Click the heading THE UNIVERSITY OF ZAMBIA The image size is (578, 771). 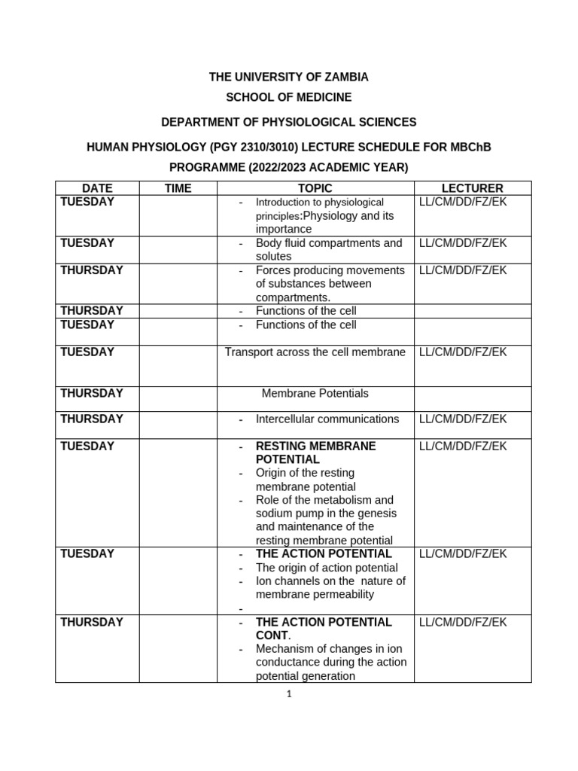point(289,77)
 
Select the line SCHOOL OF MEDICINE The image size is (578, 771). point(289,97)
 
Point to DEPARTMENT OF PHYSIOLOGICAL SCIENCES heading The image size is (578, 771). point(289,122)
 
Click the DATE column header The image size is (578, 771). point(97,188)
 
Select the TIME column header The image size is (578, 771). point(178,188)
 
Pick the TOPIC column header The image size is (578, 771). point(315,188)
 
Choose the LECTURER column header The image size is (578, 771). point(473,188)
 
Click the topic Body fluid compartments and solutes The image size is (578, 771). point(329,250)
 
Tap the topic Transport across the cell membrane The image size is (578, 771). point(315,352)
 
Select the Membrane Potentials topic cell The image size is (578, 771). point(315,393)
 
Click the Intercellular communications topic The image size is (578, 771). point(327,419)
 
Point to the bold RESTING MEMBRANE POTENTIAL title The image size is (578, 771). point(315,453)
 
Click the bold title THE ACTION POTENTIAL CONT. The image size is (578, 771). point(324,629)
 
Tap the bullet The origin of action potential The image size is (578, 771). point(327,568)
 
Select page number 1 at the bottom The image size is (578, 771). point(289,694)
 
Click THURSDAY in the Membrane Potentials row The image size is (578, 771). point(92,393)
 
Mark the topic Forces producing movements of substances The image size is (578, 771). point(330,283)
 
